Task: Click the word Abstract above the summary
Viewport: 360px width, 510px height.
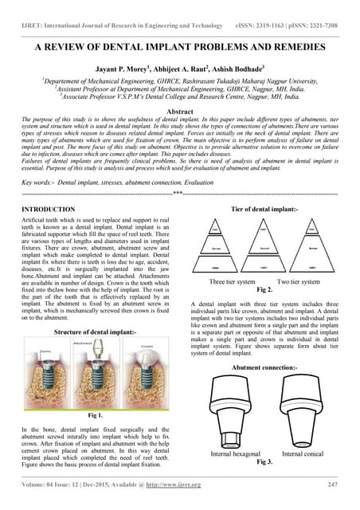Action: [x=179, y=109]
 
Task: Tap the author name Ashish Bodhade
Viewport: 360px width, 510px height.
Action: [x=249, y=69]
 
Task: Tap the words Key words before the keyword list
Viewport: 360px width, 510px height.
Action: [x=34, y=182]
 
